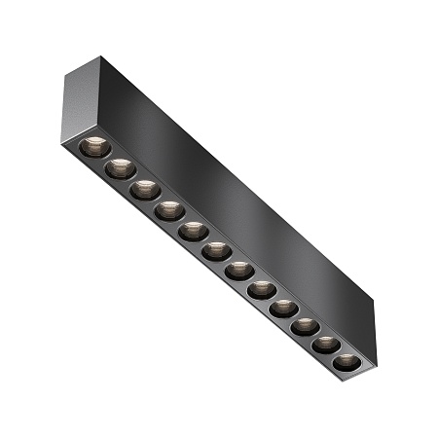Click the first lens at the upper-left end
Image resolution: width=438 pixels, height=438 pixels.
coord(93,147)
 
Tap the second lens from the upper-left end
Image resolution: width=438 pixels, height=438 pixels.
coord(121,167)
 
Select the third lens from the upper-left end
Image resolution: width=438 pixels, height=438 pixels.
coord(146,188)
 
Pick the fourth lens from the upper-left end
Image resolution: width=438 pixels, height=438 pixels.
coord(169,209)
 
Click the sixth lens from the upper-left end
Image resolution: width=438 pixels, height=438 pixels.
coord(216,250)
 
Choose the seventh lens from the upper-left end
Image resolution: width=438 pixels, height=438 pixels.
coord(238,270)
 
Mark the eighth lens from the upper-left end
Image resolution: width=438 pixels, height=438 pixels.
coord(261,289)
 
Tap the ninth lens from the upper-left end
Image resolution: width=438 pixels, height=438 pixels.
coord(282,309)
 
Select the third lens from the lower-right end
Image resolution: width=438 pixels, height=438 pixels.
coord(305,326)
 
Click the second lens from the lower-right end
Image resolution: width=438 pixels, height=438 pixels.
coord(325,345)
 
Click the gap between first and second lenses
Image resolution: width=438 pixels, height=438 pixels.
coord(107,158)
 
